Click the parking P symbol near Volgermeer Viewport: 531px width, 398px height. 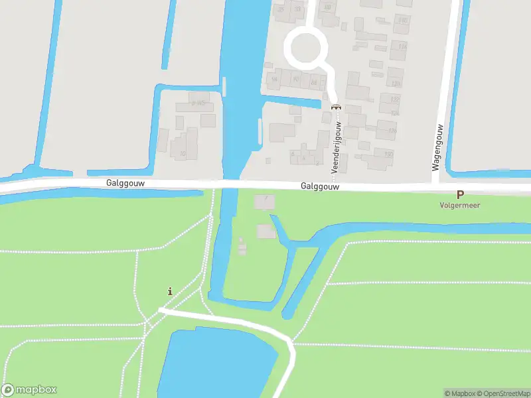[x=460, y=195]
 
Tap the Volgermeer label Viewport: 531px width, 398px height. [x=459, y=206]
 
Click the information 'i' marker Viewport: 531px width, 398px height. [x=171, y=291]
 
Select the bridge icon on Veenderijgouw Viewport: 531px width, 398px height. [x=335, y=106]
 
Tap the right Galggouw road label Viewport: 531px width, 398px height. [x=320, y=187]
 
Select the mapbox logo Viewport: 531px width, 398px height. [x=30, y=389]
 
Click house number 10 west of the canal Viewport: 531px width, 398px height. [x=183, y=154]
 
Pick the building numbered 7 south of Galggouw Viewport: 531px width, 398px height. [x=265, y=198]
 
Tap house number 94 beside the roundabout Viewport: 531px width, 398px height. [x=274, y=79]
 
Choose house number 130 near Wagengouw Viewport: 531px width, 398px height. [x=389, y=155]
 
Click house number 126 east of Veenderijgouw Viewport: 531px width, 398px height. [x=393, y=130]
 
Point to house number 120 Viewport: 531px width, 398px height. [x=396, y=84]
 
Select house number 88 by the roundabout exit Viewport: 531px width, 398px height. [x=314, y=82]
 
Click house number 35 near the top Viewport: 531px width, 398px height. [x=280, y=9]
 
